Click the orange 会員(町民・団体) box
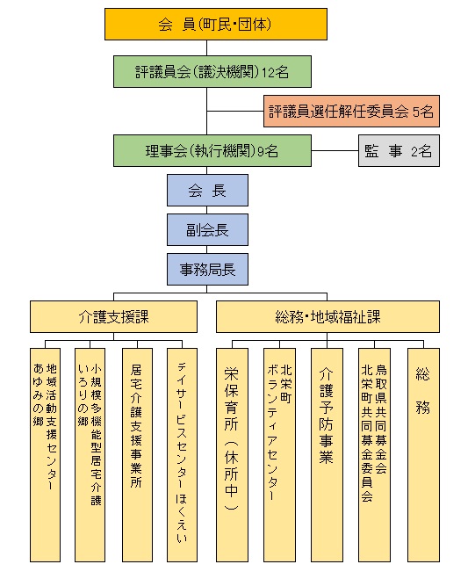(x=216, y=24)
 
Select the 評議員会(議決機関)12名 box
(x=212, y=72)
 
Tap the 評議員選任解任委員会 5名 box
(x=351, y=111)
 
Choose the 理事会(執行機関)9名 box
(x=212, y=150)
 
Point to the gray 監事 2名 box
(x=399, y=150)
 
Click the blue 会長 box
(x=207, y=191)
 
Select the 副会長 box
(x=207, y=230)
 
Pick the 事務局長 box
(x=207, y=270)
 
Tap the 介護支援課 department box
(x=113, y=317)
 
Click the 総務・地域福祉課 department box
(x=327, y=317)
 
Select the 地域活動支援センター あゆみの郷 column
(x=45, y=455)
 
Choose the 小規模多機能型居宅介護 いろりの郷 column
(x=90, y=455)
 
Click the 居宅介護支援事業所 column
(x=137, y=455)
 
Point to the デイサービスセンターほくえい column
(x=182, y=455)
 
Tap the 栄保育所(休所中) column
(x=232, y=455)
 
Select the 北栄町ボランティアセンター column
(x=279, y=455)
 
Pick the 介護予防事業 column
(x=327, y=455)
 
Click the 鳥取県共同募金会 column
(x=374, y=455)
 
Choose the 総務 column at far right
(x=423, y=455)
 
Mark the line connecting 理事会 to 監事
(x=335, y=150)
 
